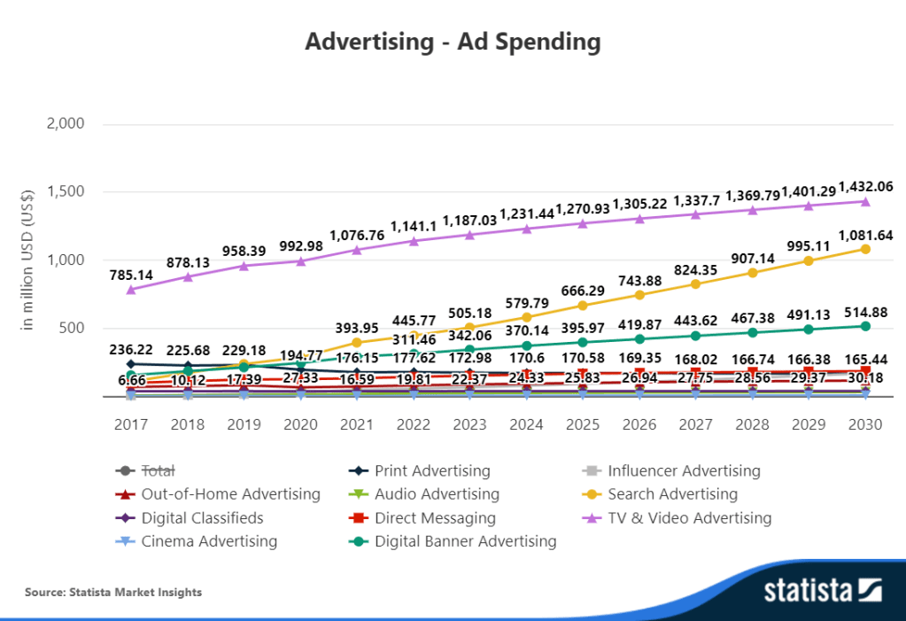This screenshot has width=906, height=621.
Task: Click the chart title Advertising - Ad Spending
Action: (x=453, y=42)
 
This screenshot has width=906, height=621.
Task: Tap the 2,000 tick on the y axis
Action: (x=64, y=124)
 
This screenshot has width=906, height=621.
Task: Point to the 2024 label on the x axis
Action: (x=526, y=424)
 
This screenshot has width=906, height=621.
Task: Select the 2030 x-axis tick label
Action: (x=864, y=424)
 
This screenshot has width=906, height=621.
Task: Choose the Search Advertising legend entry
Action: (x=672, y=494)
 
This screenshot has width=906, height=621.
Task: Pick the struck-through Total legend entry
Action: (x=159, y=471)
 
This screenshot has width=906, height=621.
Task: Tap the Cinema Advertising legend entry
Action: (x=209, y=541)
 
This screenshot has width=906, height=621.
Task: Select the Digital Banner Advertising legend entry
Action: (x=465, y=541)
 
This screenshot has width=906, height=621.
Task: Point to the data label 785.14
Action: (x=132, y=276)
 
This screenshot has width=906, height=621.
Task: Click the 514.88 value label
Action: (x=864, y=312)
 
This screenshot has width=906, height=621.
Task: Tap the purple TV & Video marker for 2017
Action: (x=132, y=289)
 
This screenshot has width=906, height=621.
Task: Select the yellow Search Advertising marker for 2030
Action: (x=865, y=249)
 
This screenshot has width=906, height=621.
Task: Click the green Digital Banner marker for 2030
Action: (x=865, y=326)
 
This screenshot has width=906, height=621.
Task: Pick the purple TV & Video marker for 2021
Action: (x=357, y=249)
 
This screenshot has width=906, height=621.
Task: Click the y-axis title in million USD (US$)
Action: (x=27, y=260)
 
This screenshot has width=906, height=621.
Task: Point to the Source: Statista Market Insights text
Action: (x=113, y=592)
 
